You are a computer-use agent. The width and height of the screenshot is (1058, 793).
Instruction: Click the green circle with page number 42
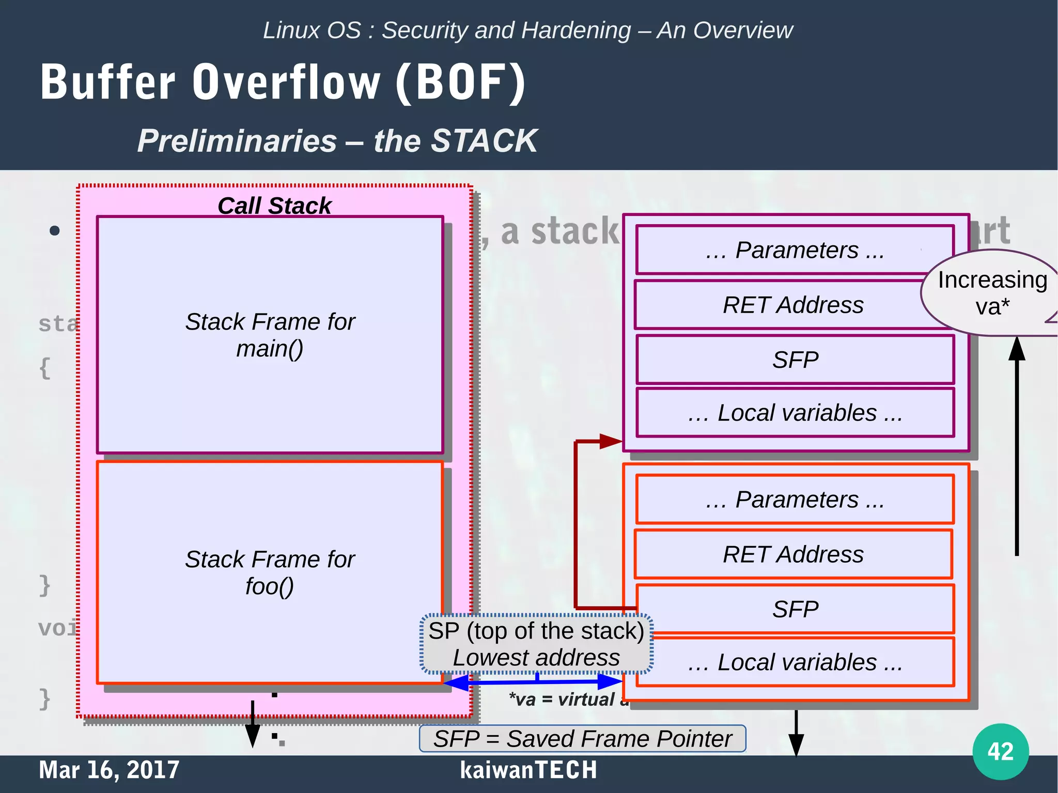(x=1000, y=751)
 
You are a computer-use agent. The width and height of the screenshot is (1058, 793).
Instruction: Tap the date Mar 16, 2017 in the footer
(x=109, y=770)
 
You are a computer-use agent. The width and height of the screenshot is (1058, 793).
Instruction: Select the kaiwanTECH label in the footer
(x=528, y=770)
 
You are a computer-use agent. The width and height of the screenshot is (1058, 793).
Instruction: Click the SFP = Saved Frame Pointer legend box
(x=582, y=739)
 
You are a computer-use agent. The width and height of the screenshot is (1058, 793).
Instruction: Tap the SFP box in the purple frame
(x=795, y=360)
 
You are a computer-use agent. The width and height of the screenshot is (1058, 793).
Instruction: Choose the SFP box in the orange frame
(x=795, y=609)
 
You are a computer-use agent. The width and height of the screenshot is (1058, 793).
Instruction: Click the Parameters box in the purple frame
(x=795, y=250)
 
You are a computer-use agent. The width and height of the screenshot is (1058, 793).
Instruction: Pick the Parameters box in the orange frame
(x=795, y=500)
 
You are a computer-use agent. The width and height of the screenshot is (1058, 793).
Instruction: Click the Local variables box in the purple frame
(x=795, y=413)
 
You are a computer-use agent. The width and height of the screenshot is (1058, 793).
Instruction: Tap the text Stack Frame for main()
(x=270, y=335)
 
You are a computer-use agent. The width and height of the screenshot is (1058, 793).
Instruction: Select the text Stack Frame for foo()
(x=270, y=572)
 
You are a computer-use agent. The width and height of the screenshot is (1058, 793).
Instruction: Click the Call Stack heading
(x=274, y=206)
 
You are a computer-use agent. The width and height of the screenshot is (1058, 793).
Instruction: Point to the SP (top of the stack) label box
(x=536, y=644)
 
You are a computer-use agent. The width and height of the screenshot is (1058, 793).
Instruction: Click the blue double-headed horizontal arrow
(x=532, y=682)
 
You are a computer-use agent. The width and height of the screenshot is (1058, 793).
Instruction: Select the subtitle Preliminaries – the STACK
(x=337, y=141)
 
